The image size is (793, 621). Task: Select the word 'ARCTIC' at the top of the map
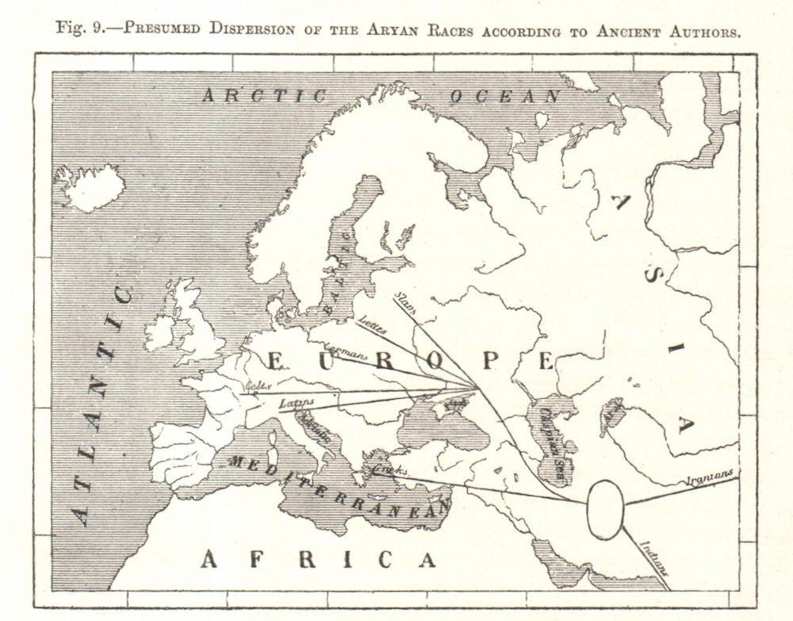coord(264,97)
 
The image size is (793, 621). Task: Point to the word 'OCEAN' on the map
coord(505,97)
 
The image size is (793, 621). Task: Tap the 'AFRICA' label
coord(318,559)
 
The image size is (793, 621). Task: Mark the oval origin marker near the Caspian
coord(605,509)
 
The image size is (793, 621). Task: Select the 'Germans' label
coord(347,355)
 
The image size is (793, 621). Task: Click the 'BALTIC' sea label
coord(347,261)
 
